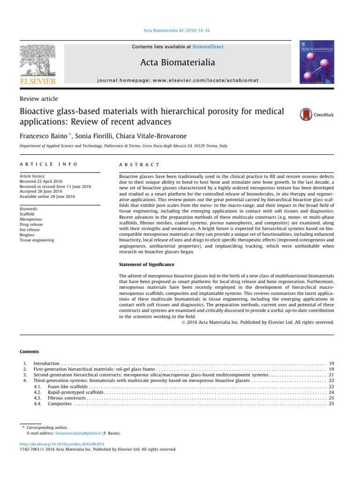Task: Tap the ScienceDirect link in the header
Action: tap(210, 47)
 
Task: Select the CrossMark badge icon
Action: tap(317, 114)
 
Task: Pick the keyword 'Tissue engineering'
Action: tap(37, 240)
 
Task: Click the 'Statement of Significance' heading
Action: tap(146, 265)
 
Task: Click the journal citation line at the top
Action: tap(180, 31)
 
